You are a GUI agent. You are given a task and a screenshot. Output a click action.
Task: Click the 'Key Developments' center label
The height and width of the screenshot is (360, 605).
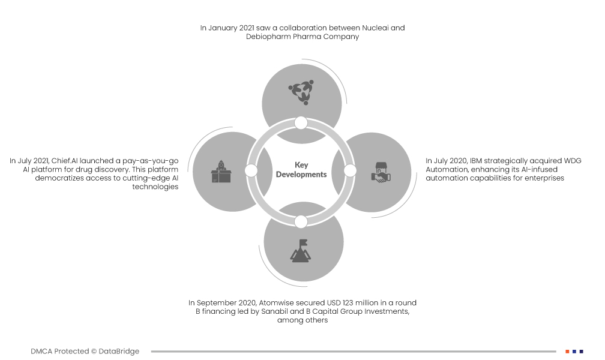point(301,170)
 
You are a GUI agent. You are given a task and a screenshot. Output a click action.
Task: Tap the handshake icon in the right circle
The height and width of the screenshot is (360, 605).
point(380,172)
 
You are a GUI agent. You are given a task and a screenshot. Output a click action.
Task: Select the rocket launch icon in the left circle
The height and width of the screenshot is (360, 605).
point(221,172)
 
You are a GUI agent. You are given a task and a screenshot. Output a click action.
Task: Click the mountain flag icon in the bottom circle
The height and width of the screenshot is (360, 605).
point(301,250)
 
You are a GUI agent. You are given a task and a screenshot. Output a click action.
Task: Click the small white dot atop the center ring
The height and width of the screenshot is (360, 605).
point(301,123)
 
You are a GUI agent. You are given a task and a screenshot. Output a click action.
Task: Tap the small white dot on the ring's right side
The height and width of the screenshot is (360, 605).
point(351,171)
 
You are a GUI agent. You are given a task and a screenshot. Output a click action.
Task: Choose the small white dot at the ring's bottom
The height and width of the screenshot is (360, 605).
point(301,221)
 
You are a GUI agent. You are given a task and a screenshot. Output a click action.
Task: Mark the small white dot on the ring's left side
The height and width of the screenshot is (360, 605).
point(251,171)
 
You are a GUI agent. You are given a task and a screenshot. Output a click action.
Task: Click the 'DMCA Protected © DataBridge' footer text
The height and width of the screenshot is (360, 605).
point(85,351)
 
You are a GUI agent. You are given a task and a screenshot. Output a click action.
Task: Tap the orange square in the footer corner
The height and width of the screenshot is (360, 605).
point(567,351)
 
